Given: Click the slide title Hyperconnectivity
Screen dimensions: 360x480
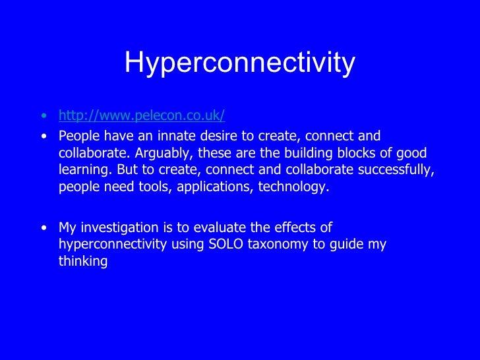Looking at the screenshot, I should click(x=239, y=63).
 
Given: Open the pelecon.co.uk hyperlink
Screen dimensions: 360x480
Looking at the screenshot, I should click(x=142, y=116).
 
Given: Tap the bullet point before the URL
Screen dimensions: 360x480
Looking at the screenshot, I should click(x=44, y=117).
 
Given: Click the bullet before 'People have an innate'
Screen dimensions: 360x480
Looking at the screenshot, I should click(x=44, y=137).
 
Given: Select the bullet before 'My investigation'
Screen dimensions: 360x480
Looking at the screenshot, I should click(x=44, y=228).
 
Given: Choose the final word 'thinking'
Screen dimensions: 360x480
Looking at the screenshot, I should click(x=82, y=261).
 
